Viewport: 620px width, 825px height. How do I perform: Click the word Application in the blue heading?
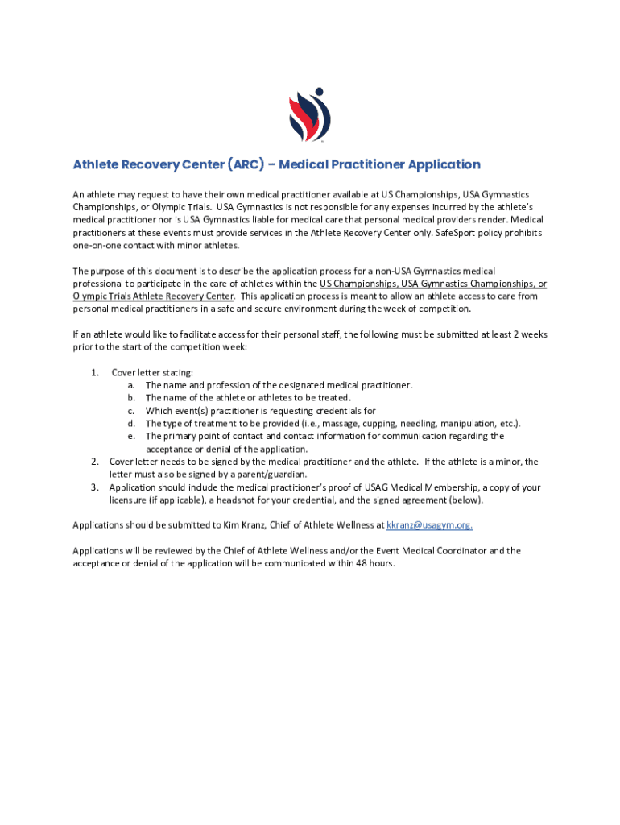[444, 164]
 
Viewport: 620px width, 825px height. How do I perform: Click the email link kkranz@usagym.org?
[429, 525]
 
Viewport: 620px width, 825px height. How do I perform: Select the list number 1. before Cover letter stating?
[95, 372]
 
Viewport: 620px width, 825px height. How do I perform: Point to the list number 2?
[95, 462]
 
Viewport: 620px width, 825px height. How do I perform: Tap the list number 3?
[95, 487]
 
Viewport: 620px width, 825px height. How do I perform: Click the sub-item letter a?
[130, 385]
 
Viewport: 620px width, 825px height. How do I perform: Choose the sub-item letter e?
[130, 436]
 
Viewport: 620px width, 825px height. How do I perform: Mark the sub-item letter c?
[130, 411]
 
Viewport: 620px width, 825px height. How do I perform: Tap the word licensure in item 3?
[130, 500]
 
